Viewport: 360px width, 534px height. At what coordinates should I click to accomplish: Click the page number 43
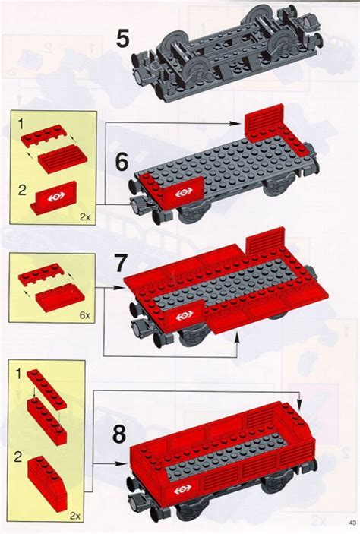pos(352,522)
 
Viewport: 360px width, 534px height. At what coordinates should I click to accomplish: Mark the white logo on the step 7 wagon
pos(182,315)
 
